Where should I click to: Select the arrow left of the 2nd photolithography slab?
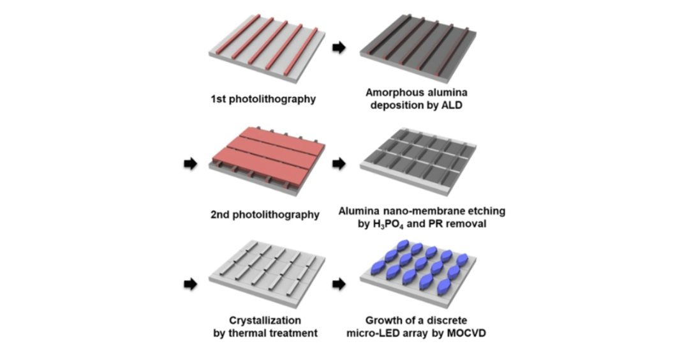189,164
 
